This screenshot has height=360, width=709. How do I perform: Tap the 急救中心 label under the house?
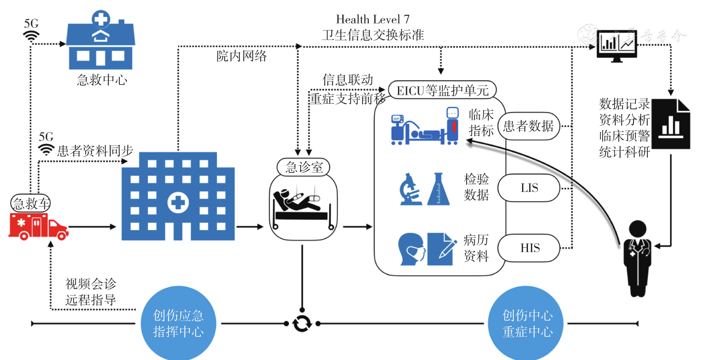tap(102, 80)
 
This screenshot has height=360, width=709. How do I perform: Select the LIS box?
tap(529, 188)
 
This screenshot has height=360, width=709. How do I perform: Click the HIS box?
tap(529, 248)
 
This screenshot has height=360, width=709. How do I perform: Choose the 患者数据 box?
tap(528, 126)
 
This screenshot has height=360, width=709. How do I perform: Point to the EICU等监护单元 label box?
tap(442, 91)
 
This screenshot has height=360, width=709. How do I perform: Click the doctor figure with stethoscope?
tap(637, 258)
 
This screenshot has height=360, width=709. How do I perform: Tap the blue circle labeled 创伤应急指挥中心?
tap(178, 323)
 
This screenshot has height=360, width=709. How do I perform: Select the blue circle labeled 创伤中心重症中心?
tap(527, 323)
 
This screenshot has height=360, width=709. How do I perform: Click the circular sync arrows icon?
tap(302, 323)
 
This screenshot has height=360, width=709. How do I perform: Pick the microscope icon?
tap(410, 189)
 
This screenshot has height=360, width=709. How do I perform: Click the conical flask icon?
tap(438, 189)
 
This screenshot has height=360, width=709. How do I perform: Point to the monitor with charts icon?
tap(616, 46)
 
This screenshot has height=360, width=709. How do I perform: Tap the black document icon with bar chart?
tap(670, 124)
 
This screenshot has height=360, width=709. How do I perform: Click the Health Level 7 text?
tap(373, 19)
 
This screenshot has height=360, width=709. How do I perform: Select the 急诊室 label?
tap(304, 167)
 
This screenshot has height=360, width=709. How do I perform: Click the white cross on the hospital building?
tap(178, 202)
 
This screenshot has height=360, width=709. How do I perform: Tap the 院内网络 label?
tap(241, 56)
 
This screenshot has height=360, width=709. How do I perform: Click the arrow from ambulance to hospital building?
tap(92, 227)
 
